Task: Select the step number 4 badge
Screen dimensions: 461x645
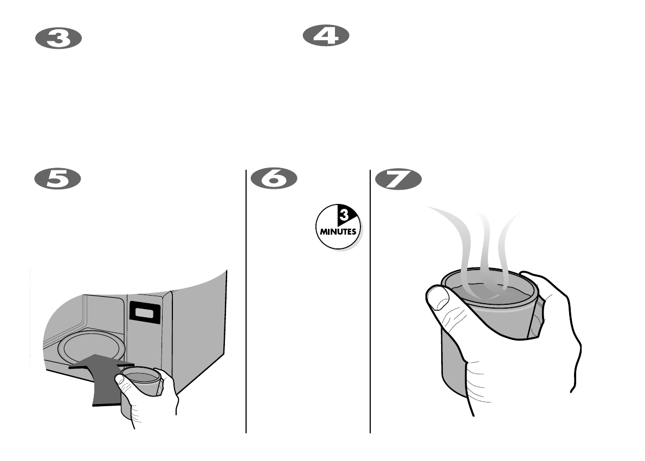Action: pyautogui.click(x=325, y=36)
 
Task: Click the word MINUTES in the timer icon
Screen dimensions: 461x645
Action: pyautogui.click(x=338, y=231)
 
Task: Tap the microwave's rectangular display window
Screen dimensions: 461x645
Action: pyautogui.click(x=144, y=313)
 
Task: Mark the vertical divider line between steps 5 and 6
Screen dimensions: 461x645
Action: pyautogui.click(x=247, y=304)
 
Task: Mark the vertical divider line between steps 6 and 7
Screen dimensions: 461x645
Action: pyautogui.click(x=370, y=304)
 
